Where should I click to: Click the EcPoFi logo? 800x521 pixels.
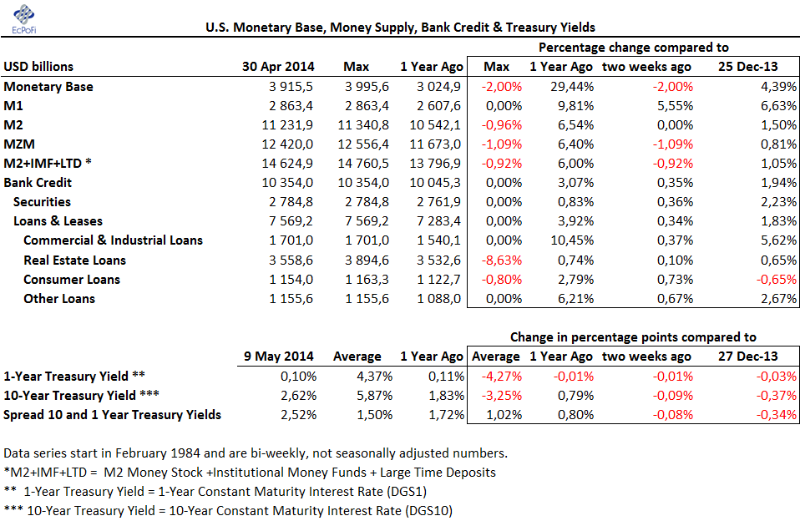tap(24, 19)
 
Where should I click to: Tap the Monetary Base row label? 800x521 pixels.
tap(48, 87)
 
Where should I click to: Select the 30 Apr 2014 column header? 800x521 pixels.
tap(278, 67)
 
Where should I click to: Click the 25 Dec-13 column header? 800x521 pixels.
tap(748, 67)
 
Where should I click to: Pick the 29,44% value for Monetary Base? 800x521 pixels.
tap(572, 87)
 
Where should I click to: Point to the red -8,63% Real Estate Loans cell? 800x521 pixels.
tap(502, 260)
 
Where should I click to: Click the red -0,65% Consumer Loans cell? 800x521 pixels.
tap(776, 280)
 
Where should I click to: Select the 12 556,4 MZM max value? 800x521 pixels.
tap(363, 144)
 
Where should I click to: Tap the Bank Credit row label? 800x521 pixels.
tap(38, 183)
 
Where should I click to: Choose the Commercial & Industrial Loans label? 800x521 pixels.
tap(114, 240)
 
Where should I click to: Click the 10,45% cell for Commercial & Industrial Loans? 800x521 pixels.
tap(572, 240)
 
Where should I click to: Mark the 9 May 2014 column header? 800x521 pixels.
tap(279, 357)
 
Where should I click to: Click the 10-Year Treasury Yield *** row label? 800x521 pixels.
tap(81, 396)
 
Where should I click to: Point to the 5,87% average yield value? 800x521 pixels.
tap(374, 396)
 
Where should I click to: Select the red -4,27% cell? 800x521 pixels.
tap(502, 377)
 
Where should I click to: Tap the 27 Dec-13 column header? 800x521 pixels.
tap(748, 357)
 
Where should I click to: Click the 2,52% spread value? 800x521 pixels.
tap(298, 415)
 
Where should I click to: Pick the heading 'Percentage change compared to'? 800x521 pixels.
tap(634, 48)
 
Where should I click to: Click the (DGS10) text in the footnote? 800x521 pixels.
tap(428, 511)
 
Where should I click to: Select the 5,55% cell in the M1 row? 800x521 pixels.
tap(675, 106)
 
